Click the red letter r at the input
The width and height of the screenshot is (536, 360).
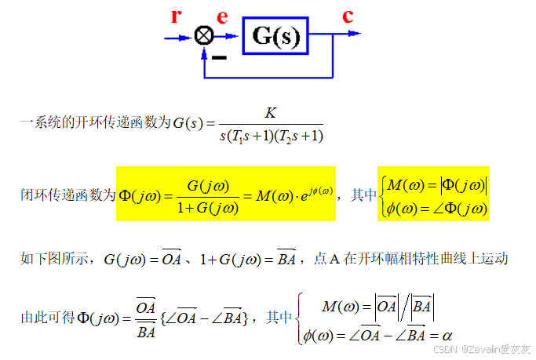coord(177,16)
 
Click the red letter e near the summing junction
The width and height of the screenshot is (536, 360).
coord(223,16)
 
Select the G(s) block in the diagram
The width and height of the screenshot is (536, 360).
coord(275,35)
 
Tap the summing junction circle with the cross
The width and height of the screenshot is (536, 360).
coord(204,35)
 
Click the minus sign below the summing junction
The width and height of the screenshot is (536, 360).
coord(220,56)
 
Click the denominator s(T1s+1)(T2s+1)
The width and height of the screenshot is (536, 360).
coord(271,136)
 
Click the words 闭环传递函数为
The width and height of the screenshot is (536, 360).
coord(67,195)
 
